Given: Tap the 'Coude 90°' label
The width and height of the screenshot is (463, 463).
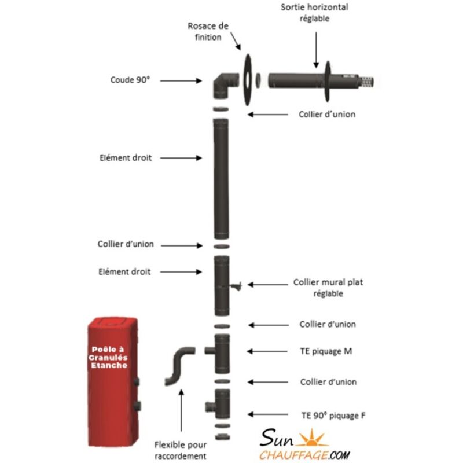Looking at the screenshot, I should [x=130, y=81].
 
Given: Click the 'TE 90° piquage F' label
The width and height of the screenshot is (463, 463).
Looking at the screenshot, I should [x=333, y=414].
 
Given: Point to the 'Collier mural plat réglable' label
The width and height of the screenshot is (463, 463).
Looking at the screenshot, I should [x=328, y=288].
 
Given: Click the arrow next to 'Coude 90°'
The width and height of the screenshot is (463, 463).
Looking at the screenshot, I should [x=180, y=81].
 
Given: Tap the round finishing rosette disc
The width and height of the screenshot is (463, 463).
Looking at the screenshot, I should [x=247, y=80].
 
